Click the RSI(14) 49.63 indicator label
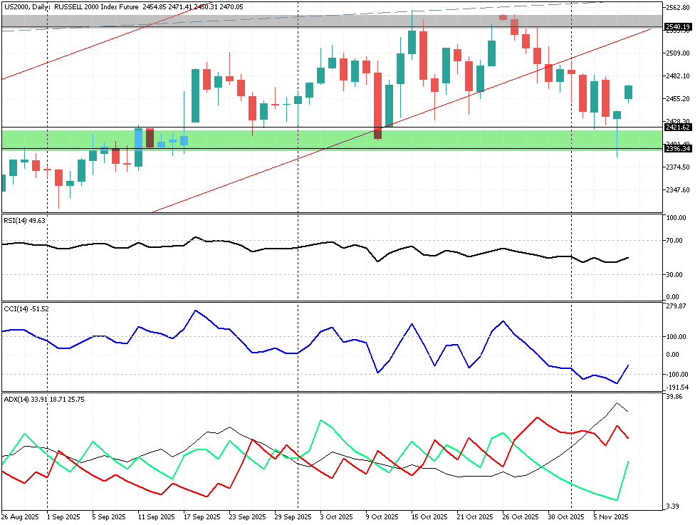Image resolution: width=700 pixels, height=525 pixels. click(x=24, y=221)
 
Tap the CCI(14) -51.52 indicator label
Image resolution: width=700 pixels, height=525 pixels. click(x=26, y=308)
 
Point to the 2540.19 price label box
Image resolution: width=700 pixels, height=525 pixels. click(x=678, y=27)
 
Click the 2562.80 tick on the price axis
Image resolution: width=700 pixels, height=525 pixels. click(x=677, y=8)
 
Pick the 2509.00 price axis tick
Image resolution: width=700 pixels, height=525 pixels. click(x=677, y=53)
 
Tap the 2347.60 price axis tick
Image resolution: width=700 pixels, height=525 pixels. click(x=677, y=190)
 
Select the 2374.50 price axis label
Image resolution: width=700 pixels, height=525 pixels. click(x=677, y=167)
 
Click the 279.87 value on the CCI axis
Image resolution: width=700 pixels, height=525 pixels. click(x=676, y=306)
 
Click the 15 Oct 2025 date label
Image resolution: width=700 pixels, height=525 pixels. click(x=429, y=516)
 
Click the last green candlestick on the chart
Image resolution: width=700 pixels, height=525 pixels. click(x=629, y=92)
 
